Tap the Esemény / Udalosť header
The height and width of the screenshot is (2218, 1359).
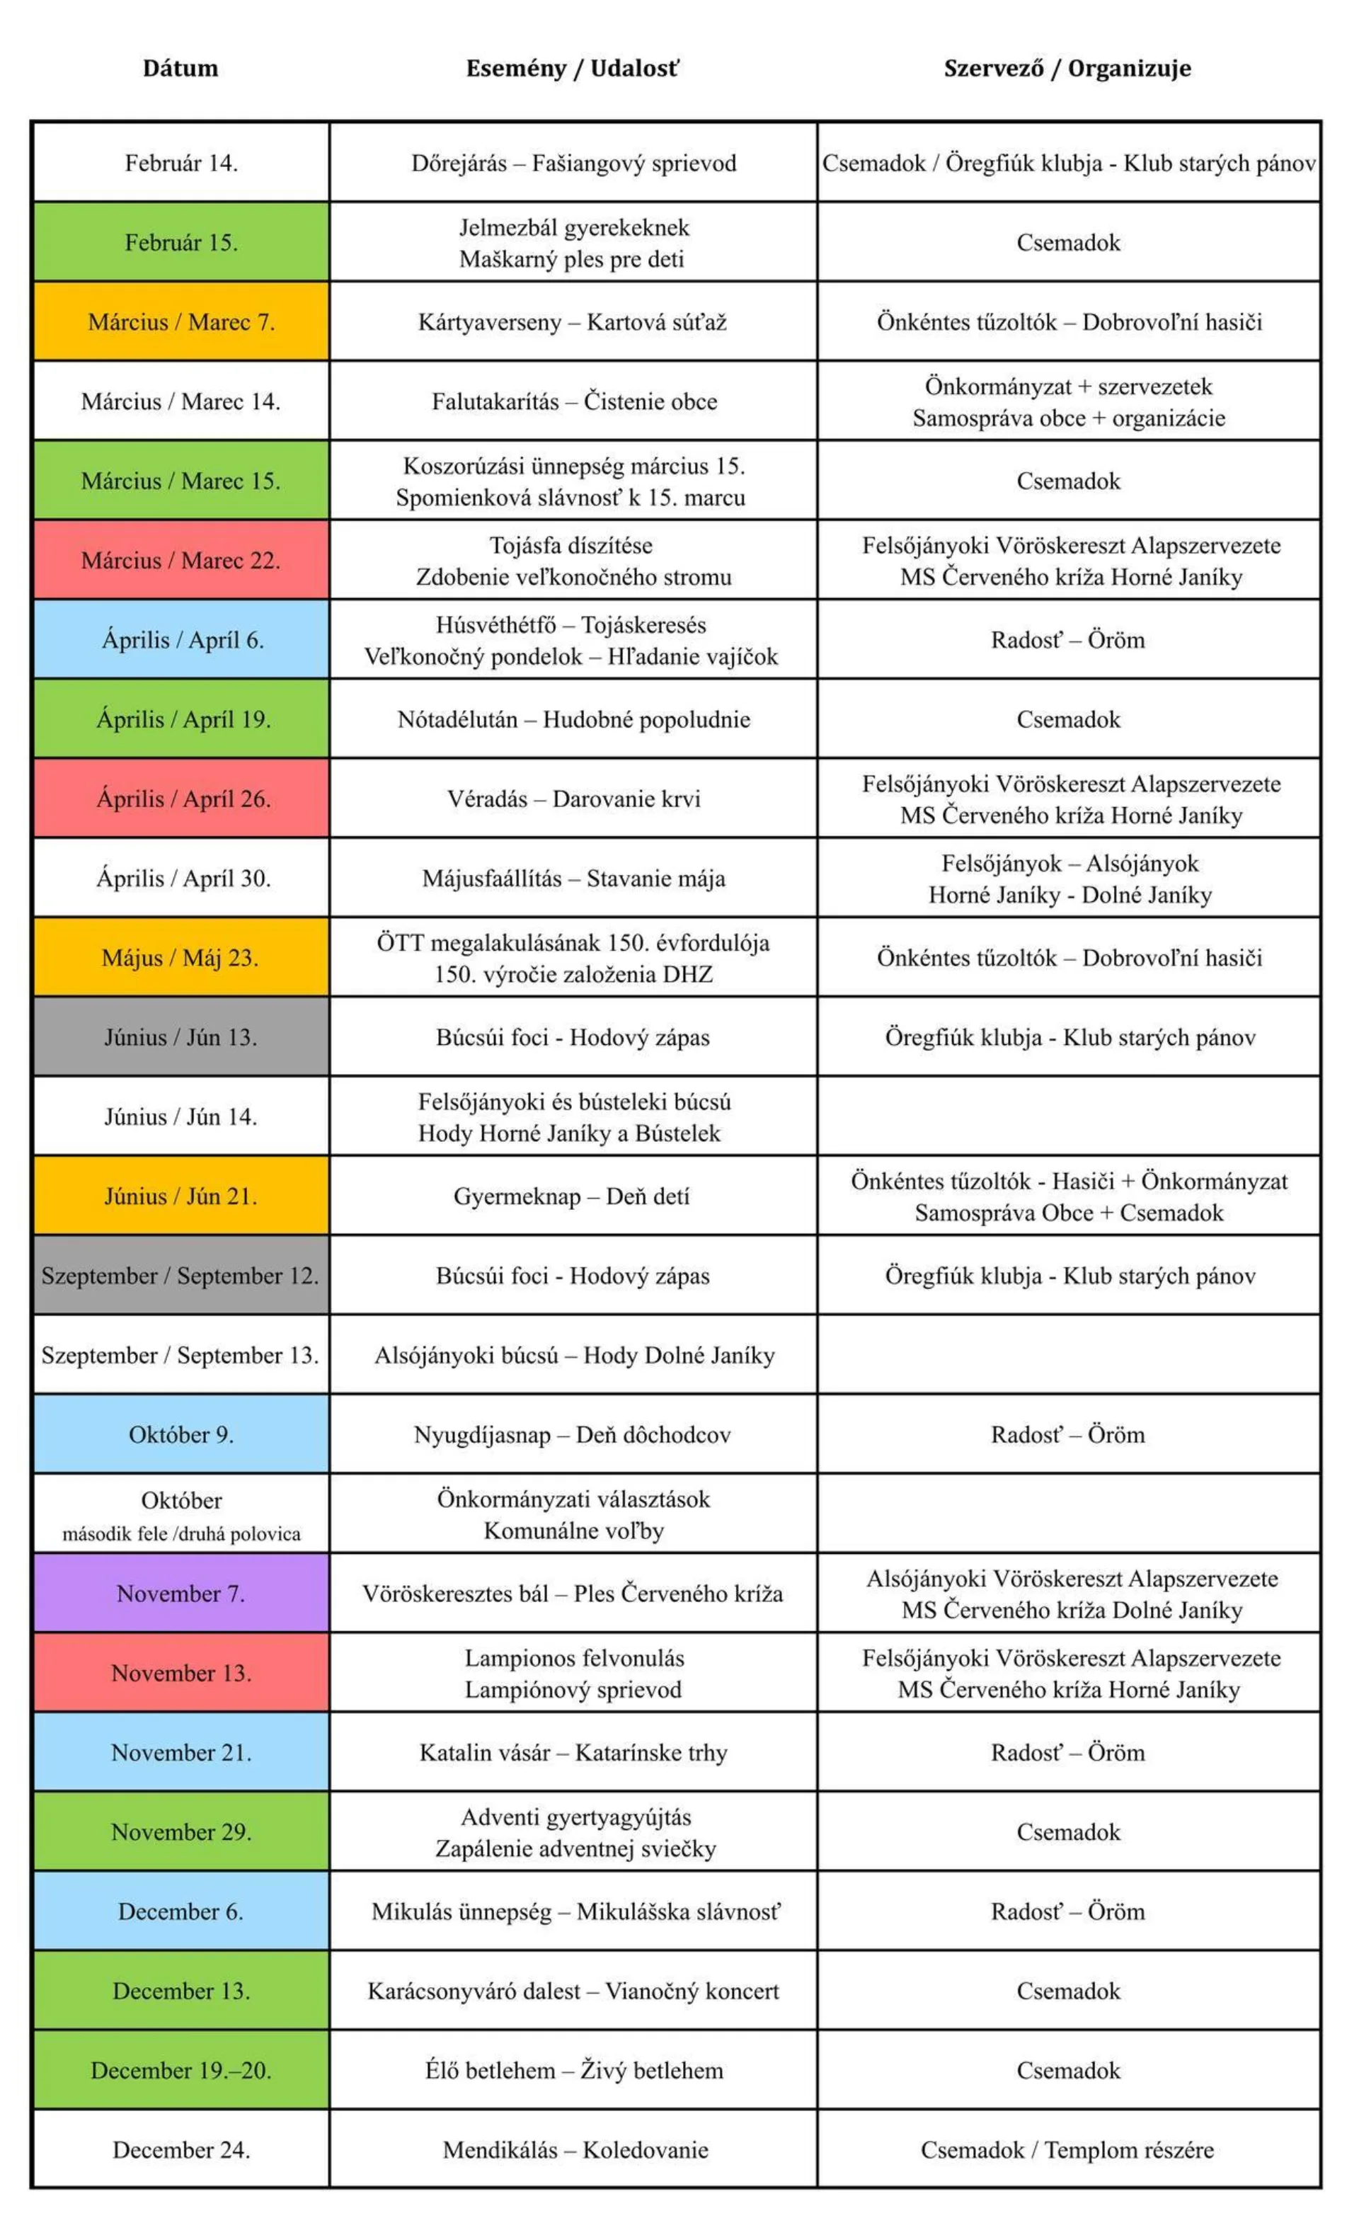[x=573, y=69]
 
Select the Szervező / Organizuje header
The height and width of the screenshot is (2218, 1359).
[x=1067, y=69]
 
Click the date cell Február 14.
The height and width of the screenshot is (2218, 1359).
[x=181, y=163]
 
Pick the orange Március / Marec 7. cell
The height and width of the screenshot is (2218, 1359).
[x=181, y=322]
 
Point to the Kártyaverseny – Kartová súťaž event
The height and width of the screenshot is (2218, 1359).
[x=573, y=322]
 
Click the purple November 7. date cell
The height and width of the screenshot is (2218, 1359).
[x=181, y=1594]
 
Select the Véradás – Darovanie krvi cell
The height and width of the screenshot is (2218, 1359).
[x=573, y=799]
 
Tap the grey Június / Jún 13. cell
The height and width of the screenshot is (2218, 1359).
[x=181, y=1037]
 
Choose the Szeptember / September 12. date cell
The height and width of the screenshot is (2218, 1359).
[x=181, y=1276]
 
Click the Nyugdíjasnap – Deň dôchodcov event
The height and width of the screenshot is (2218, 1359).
[x=573, y=1434]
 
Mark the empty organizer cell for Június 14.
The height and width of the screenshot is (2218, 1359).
[x=1068, y=1116]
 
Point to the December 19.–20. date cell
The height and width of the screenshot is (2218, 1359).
[x=181, y=2069]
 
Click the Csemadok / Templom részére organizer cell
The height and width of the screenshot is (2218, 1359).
[x=1067, y=2149]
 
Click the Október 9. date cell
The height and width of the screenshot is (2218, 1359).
[x=181, y=1434]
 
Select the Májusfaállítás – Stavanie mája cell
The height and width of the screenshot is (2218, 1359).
[x=573, y=878]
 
